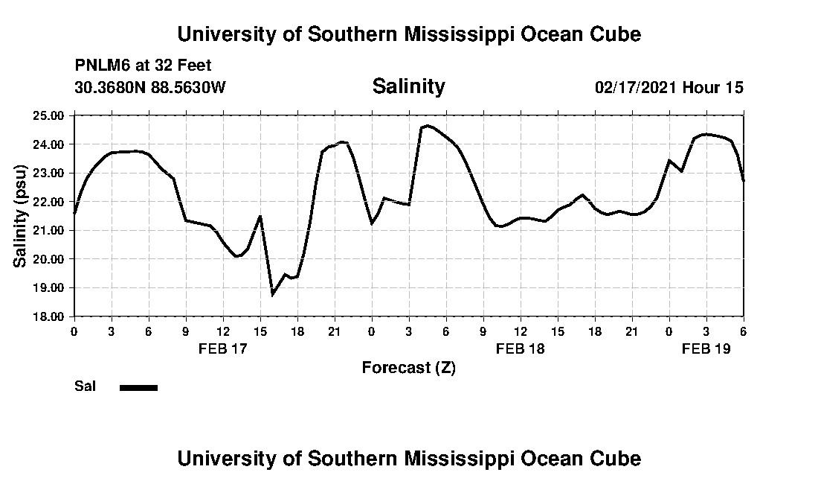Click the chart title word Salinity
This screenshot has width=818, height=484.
point(408,86)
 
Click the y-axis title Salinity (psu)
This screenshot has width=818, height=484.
point(21,216)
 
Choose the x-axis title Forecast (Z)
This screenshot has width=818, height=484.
point(408,368)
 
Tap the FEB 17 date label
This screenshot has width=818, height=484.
point(223,348)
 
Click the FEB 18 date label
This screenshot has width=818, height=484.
point(521,348)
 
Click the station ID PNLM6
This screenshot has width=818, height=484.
point(100,66)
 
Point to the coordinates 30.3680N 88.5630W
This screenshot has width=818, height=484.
point(149,87)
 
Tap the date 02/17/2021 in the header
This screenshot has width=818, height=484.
point(636,87)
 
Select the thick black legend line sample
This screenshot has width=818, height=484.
point(138,387)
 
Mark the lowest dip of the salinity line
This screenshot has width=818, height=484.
point(273,295)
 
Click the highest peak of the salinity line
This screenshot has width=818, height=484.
point(427,126)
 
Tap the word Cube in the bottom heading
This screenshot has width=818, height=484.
point(616,458)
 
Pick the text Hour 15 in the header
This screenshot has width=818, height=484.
point(713,87)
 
